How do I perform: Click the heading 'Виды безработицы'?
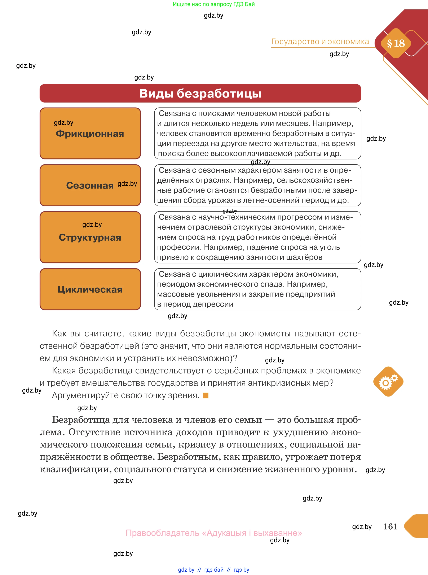(200, 93)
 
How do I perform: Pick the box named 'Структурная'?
(90, 237)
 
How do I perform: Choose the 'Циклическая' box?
(90, 289)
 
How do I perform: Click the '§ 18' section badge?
(396, 43)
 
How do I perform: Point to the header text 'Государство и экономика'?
(320, 41)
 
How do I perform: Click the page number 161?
(390, 526)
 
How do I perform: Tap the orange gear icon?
(388, 381)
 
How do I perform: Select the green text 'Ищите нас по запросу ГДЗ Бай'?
(214, 4)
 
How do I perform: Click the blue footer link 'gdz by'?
(186, 570)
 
